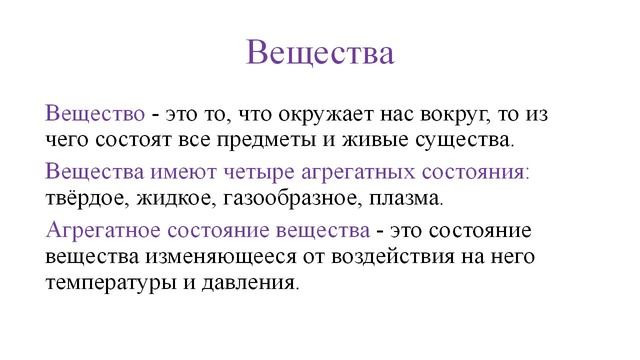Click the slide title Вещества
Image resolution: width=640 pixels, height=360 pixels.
(320, 51)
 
